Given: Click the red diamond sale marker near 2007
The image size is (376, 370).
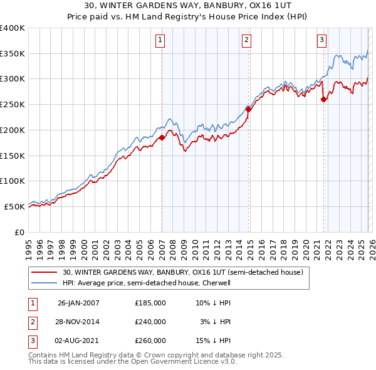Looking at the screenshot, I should tap(162, 137).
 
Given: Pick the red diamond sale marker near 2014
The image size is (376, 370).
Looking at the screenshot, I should tap(248, 109).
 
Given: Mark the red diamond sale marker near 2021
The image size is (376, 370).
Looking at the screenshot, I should tap(323, 99).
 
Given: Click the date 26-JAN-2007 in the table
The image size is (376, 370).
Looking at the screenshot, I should tap(78, 303).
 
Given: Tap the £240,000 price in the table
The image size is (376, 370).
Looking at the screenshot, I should tap(150, 322).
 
